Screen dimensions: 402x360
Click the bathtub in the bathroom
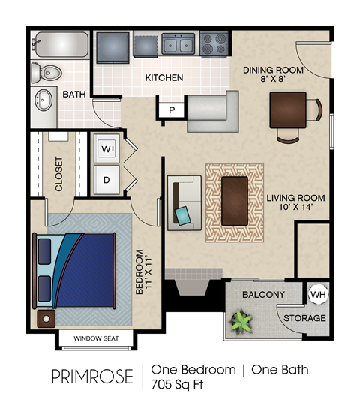click(x=61, y=45)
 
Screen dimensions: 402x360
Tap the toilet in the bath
click(x=46, y=73)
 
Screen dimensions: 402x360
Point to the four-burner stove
click(x=214, y=44)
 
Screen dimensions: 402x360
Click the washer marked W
click(x=106, y=149)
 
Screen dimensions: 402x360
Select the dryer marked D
click(x=106, y=180)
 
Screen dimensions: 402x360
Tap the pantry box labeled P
click(x=172, y=110)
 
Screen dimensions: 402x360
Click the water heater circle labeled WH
click(x=317, y=294)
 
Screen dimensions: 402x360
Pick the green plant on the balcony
click(x=242, y=322)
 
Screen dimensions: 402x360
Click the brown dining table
click(x=288, y=109)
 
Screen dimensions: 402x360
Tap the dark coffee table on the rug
click(x=235, y=200)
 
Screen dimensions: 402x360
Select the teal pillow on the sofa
click(x=183, y=216)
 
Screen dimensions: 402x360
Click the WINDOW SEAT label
click(x=96, y=339)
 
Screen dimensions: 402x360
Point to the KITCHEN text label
click(x=164, y=78)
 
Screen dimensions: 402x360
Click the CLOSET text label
click(x=58, y=174)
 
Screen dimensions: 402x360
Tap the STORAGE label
click(x=304, y=318)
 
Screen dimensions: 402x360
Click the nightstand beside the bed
click(x=47, y=318)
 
